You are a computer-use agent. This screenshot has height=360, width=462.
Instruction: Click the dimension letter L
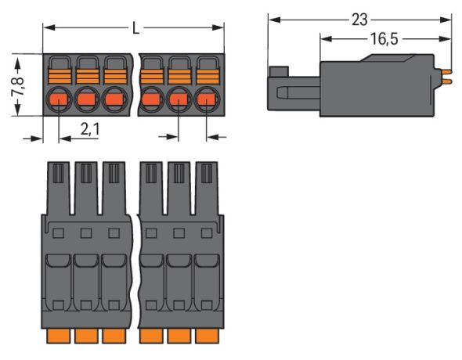(135, 29)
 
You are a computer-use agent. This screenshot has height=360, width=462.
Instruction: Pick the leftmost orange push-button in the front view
(60, 76)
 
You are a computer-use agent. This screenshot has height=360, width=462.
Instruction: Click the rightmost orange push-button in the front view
(206, 76)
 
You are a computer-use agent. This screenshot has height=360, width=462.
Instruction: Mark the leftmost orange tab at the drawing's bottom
(61, 336)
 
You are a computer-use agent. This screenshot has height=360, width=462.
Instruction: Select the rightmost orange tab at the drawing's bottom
(206, 336)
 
